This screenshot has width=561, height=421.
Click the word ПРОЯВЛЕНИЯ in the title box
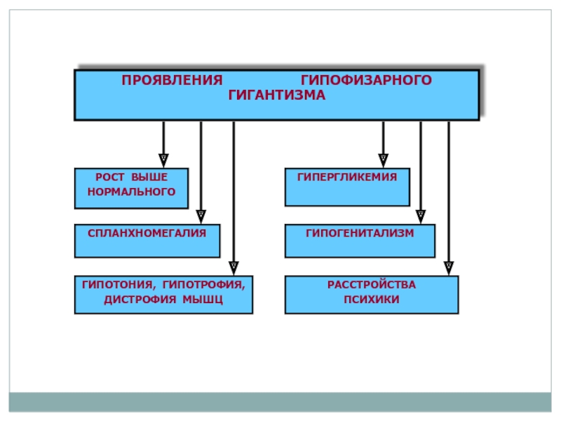pyautogui.click(x=172, y=80)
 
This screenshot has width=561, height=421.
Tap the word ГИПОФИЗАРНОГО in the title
pyautogui.click(x=366, y=80)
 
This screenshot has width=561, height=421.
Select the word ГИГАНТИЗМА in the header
pyautogui.click(x=276, y=95)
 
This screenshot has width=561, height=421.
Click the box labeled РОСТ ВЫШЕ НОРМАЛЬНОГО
pyautogui.click(x=131, y=188)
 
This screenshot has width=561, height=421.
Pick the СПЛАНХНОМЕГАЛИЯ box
pyautogui.click(x=147, y=241)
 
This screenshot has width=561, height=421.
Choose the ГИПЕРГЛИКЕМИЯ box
pyautogui.click(x=347, y=187)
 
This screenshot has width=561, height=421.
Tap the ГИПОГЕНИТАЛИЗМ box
pyautogui.click(x=360, y=241)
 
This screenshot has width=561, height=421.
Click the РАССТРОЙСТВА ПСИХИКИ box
pyautogui.click(x=372, y=295)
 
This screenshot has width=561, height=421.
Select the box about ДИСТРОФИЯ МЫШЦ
pyautogui.click(x=163, y=295)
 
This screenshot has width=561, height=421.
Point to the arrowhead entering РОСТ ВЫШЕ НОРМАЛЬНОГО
pyautogui.click(x=163, y=161)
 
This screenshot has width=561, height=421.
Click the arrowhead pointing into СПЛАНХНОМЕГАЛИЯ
pyautogui.click(x=201, y=217)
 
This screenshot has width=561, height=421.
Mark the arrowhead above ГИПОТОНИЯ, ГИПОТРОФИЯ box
pyautogui.click(x=234, y=268)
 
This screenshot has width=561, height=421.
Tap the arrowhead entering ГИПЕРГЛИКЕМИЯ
pyautogui.click(x=383, y=161)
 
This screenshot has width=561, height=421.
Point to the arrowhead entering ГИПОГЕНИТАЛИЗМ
pyautogui.click(x=421, y=217)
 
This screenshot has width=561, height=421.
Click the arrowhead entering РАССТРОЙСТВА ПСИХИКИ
pyautogui.click(x=449, y=268)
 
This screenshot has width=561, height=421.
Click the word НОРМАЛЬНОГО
pyautogui.click(x=131, y=192)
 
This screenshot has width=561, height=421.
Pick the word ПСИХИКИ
pyautogui.click(x=372, y=300)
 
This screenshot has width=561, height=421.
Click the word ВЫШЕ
pyautogui.click(x=149, y=178)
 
